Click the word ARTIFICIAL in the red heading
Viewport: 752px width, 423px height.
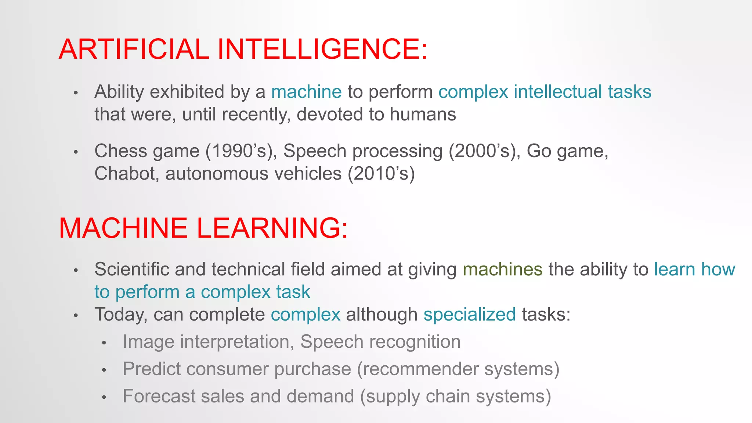point(134,49)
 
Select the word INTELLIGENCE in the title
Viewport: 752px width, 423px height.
point(323,49)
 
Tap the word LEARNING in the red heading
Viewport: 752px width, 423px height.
point(272,228)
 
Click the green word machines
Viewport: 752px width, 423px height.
point(502,269)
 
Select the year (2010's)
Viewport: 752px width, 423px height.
point(381,174)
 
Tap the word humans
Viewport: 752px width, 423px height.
point(423,114)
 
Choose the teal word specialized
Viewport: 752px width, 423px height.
point(470,315)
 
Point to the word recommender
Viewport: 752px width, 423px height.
point(420,369)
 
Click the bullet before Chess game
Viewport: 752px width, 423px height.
point(76,152)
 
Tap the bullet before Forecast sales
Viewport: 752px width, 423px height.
point(104,397)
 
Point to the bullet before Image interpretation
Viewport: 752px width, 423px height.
point(104,343)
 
